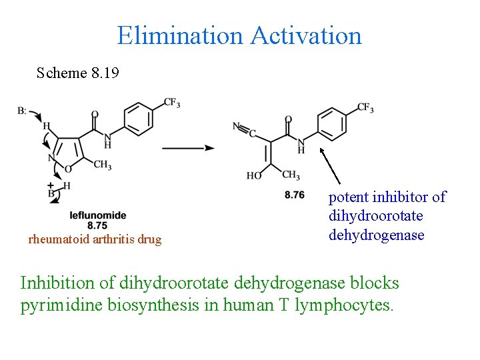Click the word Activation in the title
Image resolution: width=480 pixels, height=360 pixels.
[x=306, y=35]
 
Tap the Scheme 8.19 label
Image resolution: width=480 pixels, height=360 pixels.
[x=78, y=73]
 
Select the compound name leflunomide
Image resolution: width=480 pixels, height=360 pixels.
[x=98, y=215]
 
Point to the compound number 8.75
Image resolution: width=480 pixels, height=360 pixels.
[x=97, y=225]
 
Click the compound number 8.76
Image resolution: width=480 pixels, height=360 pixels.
[x=294, y=195]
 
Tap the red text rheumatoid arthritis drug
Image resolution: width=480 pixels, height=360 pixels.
[x=95, y=239]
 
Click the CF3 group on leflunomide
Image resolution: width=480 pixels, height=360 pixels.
[x=171, y=103]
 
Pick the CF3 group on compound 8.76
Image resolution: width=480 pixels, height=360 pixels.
[x=365, y=107]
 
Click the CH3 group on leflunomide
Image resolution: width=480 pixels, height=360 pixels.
[x=102, y=164]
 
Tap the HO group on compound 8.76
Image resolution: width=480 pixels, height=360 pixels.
[x=253, y=176]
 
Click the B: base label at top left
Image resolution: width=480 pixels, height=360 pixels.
[x=22, y=110]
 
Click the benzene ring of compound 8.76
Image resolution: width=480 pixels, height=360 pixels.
[x=332, y=124]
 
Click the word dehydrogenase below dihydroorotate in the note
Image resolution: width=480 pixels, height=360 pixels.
[x=376, y=235]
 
